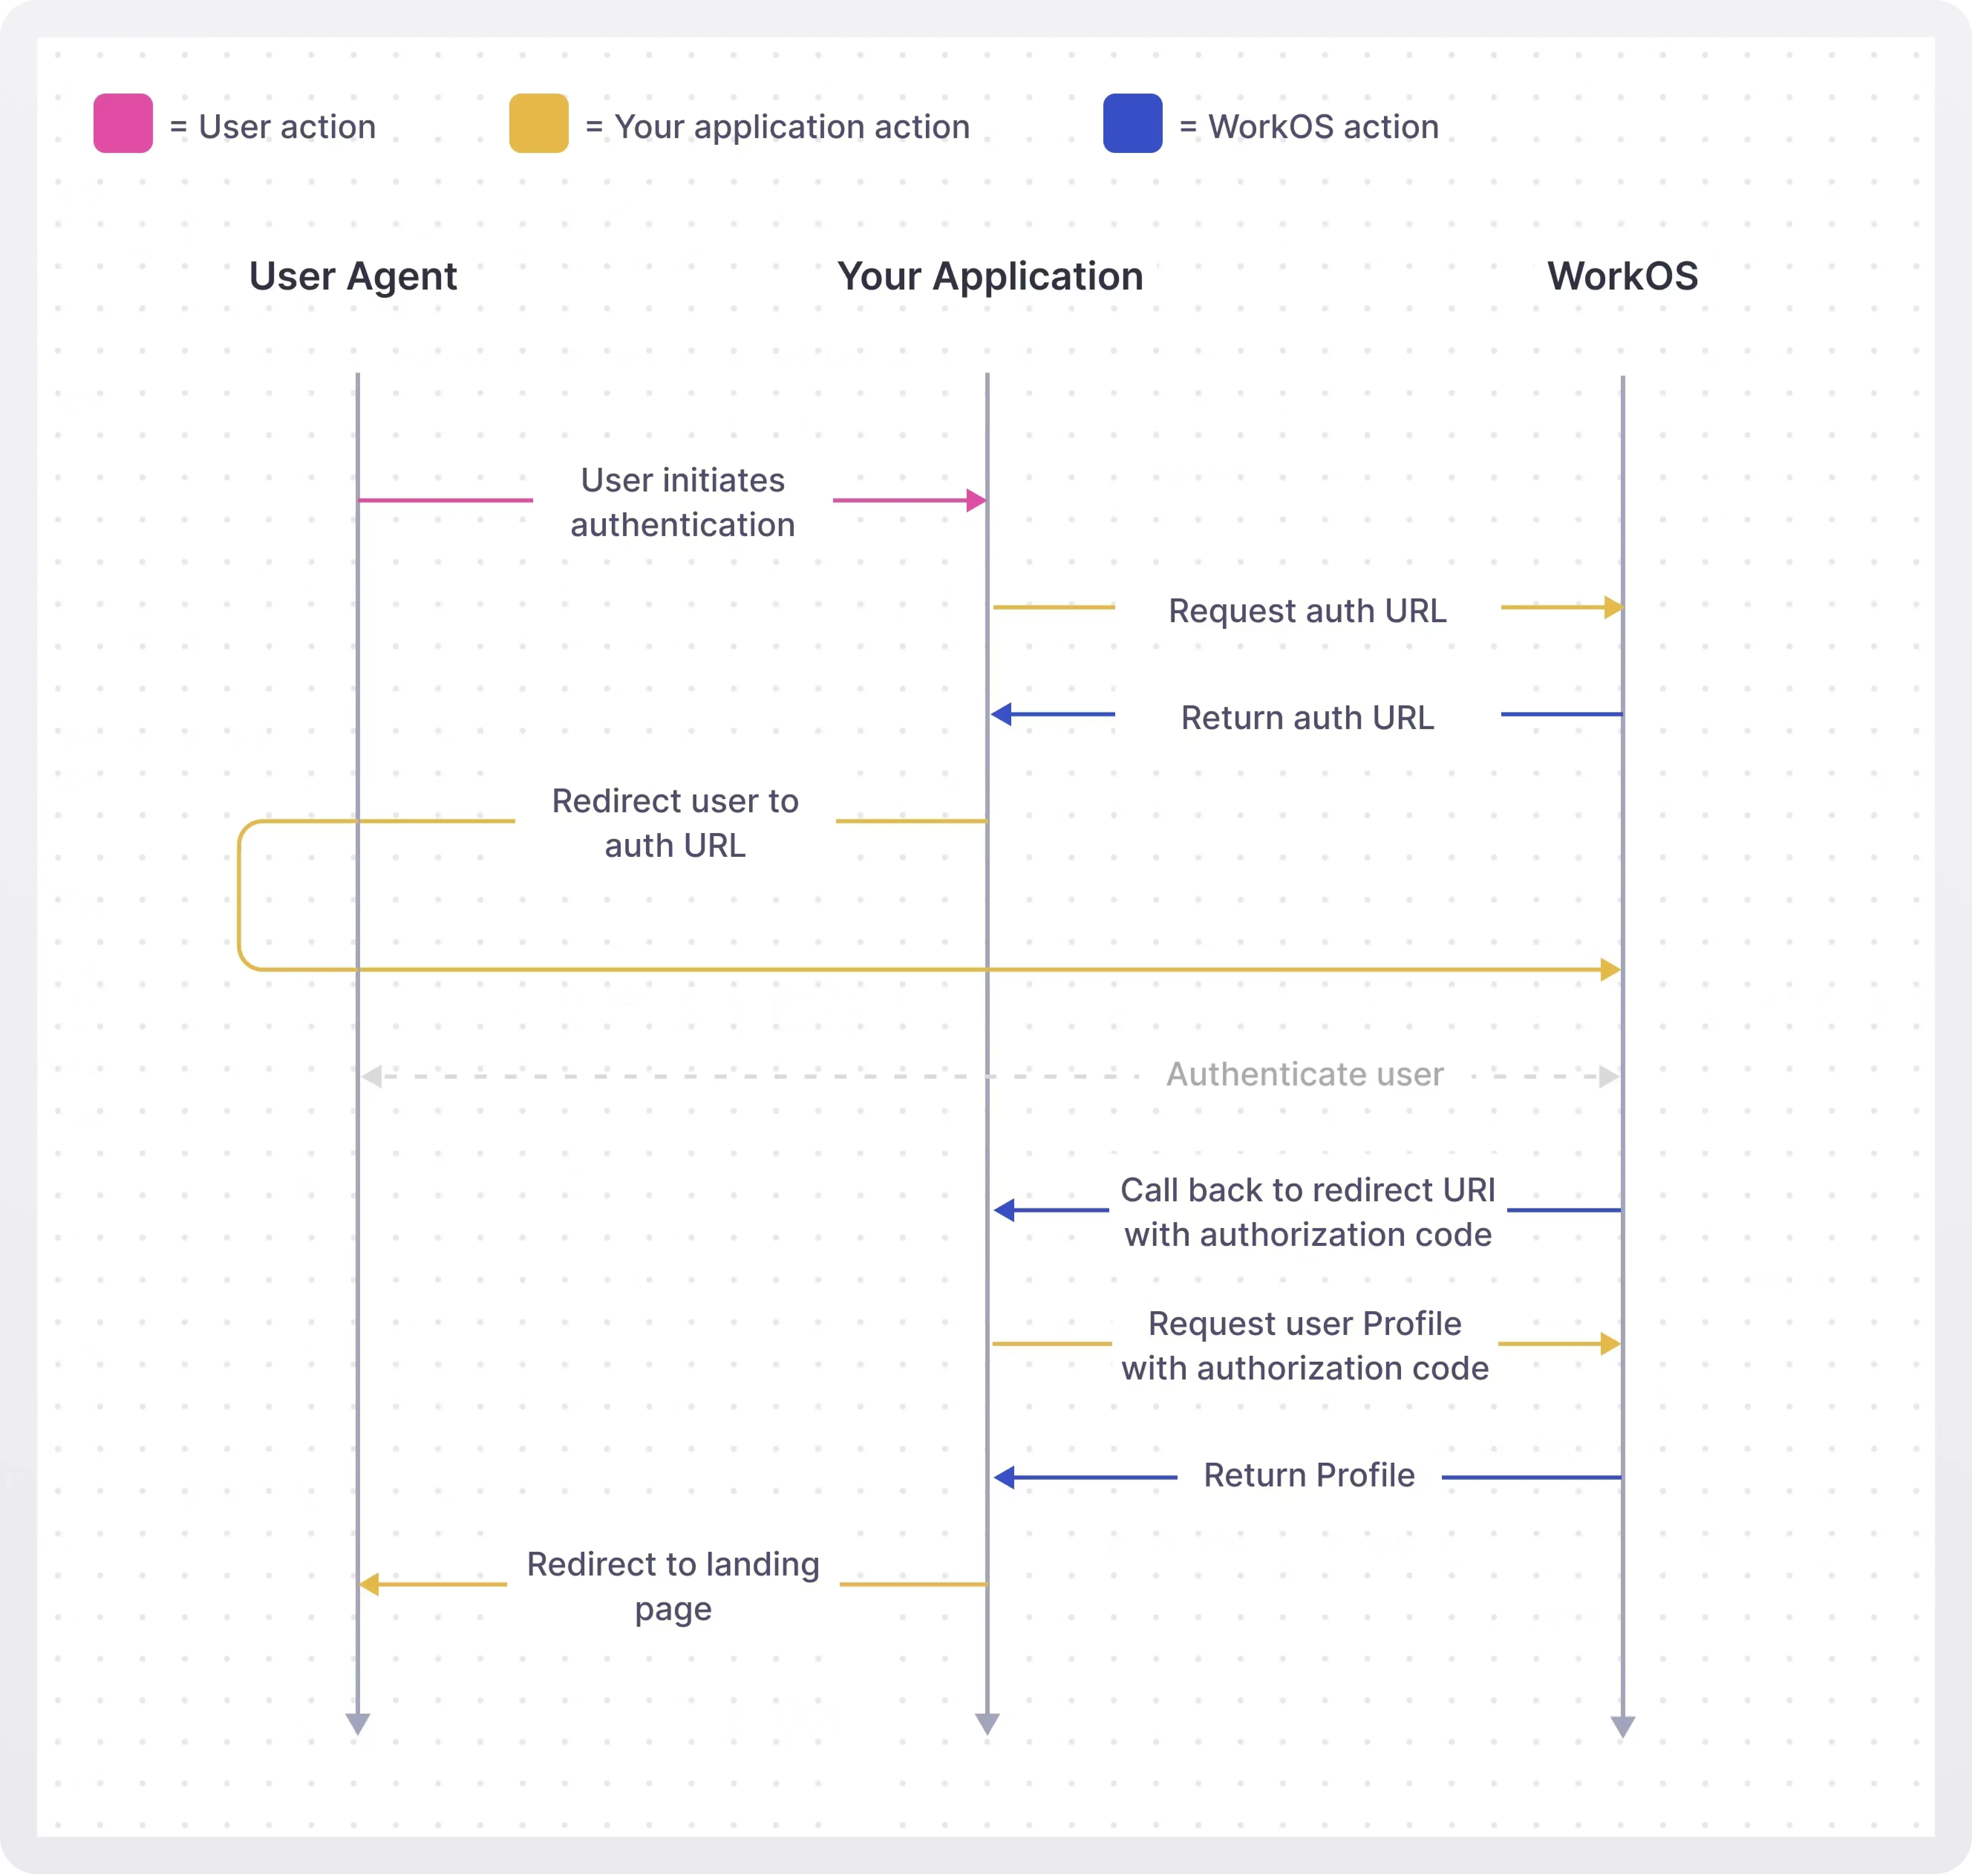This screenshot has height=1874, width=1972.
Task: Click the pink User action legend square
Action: [x=123, y=123]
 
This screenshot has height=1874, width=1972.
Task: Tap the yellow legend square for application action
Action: [x=538, y=123]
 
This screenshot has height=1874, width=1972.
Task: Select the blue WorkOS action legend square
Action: [x=1132, y=123]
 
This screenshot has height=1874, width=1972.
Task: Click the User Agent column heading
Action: [x=353, y=276]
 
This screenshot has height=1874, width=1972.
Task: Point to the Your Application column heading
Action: [x=990, y=276]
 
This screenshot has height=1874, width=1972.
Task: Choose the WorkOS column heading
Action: [x=1622, y=276]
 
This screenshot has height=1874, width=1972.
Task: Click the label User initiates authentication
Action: [x=682, y=502]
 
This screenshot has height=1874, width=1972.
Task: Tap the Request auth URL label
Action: [x=1307, y=610]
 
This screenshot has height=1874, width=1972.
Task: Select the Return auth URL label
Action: [x=1307, y=717]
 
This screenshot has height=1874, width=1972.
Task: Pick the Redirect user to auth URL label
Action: [x=675, y=823]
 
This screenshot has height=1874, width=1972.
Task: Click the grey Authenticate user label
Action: [x=1305, y=1074]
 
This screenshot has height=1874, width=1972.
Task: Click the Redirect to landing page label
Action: [x=673, y=1585]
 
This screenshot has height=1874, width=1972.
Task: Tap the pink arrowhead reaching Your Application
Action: [x=976, y=500]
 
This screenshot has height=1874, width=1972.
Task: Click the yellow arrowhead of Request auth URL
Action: [x=1612, y=607]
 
